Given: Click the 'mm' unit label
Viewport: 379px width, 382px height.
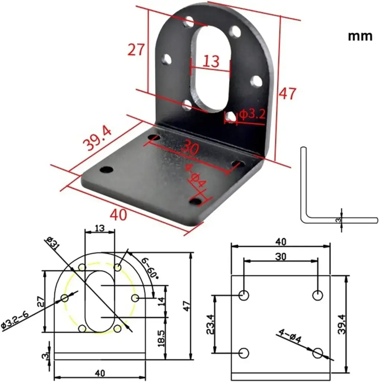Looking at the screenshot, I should tap(360, 36).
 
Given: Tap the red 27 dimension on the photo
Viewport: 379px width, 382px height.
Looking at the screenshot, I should tap(136, 49).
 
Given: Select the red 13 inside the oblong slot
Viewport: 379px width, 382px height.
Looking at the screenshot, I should tap(211, 61).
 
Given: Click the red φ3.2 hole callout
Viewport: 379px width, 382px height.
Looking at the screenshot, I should tap(252, 114).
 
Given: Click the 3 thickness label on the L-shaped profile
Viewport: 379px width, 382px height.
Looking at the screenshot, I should tap(338, 220).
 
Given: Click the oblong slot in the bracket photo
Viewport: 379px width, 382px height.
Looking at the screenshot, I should tap(210, 69).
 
